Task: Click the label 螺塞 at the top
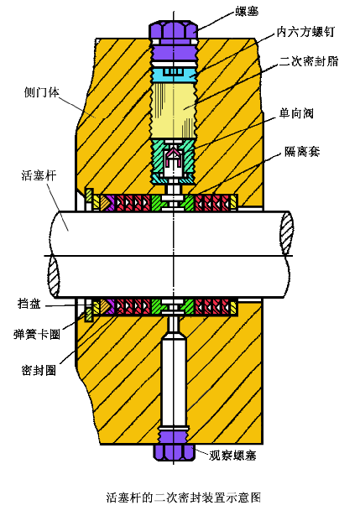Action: point(247,12)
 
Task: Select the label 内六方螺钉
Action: point(305,32)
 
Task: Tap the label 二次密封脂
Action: point(308,61)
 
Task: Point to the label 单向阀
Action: point(296,114)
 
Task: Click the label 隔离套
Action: point(302,152)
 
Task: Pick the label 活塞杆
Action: point(39,175)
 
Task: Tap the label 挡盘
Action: point(29,304)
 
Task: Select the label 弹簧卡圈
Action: point(37,334)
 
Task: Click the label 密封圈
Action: point(39,370)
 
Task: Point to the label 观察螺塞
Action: point(232,456)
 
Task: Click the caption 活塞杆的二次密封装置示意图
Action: point(184,498)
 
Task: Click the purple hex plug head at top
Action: point(173,30)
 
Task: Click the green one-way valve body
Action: point(173,161)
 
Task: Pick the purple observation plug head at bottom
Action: point(174,452)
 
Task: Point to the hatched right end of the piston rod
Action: point(286,232)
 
